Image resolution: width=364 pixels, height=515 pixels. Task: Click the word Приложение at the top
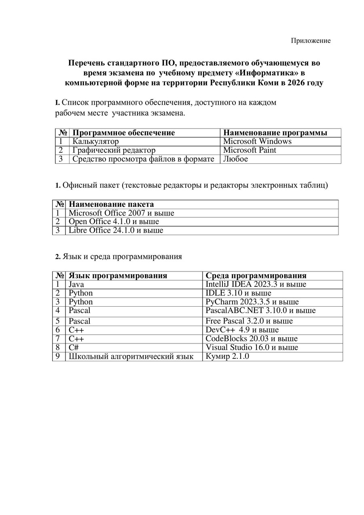(x=311, y=41)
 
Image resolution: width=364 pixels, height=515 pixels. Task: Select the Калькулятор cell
(x=95, y=141)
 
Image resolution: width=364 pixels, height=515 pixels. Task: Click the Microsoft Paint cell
(x=250, y=150)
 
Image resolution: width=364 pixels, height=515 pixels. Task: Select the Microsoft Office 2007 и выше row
(x=121, y=213)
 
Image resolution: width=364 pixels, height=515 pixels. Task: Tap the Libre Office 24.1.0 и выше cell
(x=116, y=230)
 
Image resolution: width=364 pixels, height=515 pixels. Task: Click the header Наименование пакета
(x=111, y=204)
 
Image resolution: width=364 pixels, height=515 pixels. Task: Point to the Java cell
(x=76, y=284)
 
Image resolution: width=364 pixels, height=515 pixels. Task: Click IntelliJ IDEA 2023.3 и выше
(x=256, y=284)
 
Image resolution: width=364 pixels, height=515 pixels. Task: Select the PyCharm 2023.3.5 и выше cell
(x=252, y=302)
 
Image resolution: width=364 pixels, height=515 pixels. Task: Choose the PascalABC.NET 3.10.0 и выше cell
(x=260, y=311)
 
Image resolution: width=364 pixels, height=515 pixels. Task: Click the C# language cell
(x=73, y=348)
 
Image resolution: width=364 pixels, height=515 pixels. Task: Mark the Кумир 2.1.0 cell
(x=227, y=356)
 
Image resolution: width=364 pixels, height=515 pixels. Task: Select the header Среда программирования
(x=256, y=276)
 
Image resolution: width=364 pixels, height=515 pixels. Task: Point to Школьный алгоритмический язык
(x=131, y=356)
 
